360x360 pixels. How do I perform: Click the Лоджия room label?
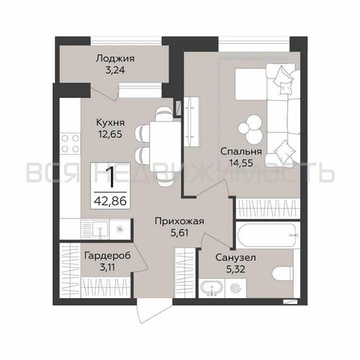point(115,58)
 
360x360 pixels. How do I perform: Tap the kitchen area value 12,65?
point(110,134)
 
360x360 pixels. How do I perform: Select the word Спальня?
point(241,151)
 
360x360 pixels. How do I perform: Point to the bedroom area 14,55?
point(241,163)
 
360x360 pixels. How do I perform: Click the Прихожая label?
point(179,221)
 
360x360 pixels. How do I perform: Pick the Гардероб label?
point(107,256)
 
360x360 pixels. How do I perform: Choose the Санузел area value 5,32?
point(235,269)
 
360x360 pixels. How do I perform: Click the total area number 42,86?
point(110,201)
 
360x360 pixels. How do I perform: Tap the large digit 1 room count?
point(110,177)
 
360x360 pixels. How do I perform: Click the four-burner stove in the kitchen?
point(70,143)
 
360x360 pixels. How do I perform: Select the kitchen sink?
point(100,230)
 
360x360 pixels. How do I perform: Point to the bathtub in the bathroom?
point(268,235)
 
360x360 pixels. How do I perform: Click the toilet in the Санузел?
point(283,274)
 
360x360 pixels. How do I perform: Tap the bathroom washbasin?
point(211,288)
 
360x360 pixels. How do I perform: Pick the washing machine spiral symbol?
point(235,288)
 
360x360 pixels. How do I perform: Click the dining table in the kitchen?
point(165,146)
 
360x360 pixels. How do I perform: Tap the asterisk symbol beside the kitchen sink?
point(119,230)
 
